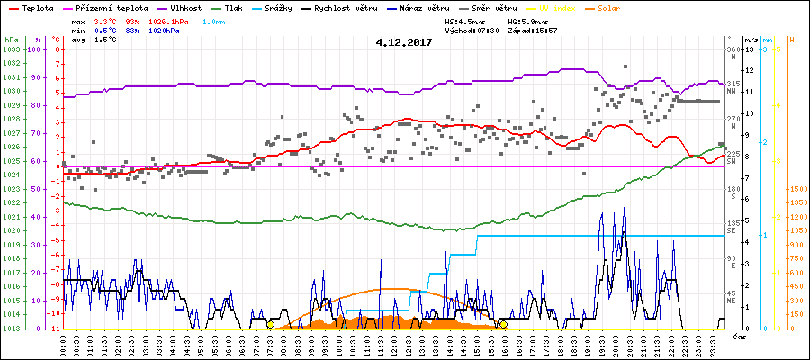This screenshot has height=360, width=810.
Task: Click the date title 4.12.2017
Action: [404, 41]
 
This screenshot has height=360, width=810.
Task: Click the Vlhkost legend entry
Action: [184, 7]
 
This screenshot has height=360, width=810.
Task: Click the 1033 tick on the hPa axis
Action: [11, 49]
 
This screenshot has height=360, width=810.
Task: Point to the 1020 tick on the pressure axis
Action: [11, 230]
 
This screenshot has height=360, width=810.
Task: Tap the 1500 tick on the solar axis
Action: [796, 189]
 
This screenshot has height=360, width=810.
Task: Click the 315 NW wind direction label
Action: [733, 84]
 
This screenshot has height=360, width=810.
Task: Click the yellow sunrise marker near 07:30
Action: [271, 324]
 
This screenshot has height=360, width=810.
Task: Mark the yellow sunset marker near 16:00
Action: [503, 324]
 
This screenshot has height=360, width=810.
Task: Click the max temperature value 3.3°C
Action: [107, 20]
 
